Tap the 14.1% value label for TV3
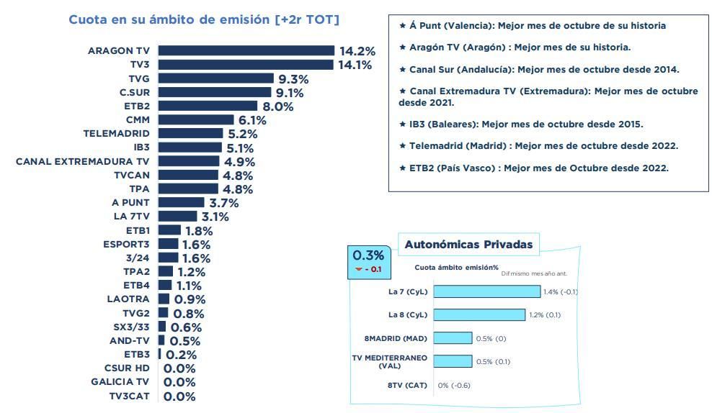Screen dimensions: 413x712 [355, 65]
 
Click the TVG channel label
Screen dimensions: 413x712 [139, 78]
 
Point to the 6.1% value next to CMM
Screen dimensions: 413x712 [252, 120]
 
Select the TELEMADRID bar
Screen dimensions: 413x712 [190, 134]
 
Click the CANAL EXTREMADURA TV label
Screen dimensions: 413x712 [83, 161]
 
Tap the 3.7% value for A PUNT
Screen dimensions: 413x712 [223, 203]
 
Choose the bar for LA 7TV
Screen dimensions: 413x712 [177, 217]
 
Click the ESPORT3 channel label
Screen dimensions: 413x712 [126, 244]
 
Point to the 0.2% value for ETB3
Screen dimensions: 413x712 [181, 355]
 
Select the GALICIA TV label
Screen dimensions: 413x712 [120, 382]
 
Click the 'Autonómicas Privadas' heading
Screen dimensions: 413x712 [468, 245]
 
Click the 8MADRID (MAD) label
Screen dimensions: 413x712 [397, 338]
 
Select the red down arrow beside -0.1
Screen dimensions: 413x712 [359, 269]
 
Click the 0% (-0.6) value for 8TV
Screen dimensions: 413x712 [454, 385]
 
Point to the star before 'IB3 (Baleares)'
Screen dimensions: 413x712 [403, 124]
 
